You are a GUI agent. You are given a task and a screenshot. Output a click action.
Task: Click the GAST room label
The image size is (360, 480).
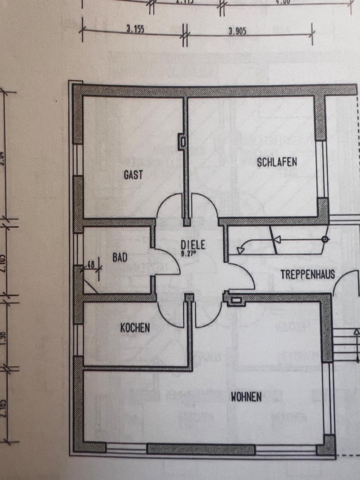[x=133, y=175]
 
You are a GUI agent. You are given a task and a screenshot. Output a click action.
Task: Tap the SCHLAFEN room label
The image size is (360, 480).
[x=277, y=162]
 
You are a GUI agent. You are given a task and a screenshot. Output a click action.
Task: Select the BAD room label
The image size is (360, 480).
[x=120, y=258]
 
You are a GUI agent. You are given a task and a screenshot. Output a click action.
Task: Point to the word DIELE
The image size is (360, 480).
[x=193, y=245]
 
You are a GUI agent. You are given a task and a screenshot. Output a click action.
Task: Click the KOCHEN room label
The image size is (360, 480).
[x=135, y=328]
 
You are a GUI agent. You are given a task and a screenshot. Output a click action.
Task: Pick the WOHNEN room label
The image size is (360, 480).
[x=246, y=397]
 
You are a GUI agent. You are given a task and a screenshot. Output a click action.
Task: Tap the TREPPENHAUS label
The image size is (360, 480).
[x=307, y=274]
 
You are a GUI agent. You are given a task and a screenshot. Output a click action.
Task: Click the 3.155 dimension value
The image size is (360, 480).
[x=132, y=29]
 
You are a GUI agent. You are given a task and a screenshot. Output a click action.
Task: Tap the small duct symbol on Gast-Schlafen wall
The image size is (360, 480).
[x=182, y=142]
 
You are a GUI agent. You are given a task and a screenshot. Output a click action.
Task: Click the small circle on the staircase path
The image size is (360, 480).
[x=325, y=240]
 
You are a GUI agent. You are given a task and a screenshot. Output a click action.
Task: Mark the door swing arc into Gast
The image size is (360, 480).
[x=165, y=205]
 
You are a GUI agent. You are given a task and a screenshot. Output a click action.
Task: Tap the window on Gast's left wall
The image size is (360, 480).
[x=77, y=160]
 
